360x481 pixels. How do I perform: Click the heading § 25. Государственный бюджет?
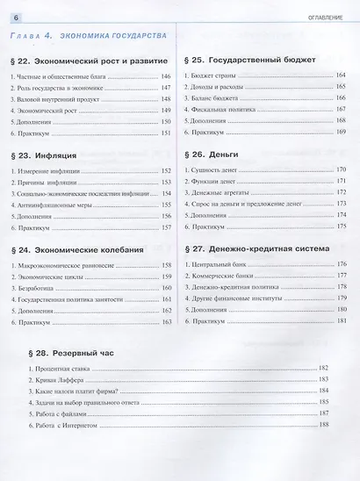(255, 62)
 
